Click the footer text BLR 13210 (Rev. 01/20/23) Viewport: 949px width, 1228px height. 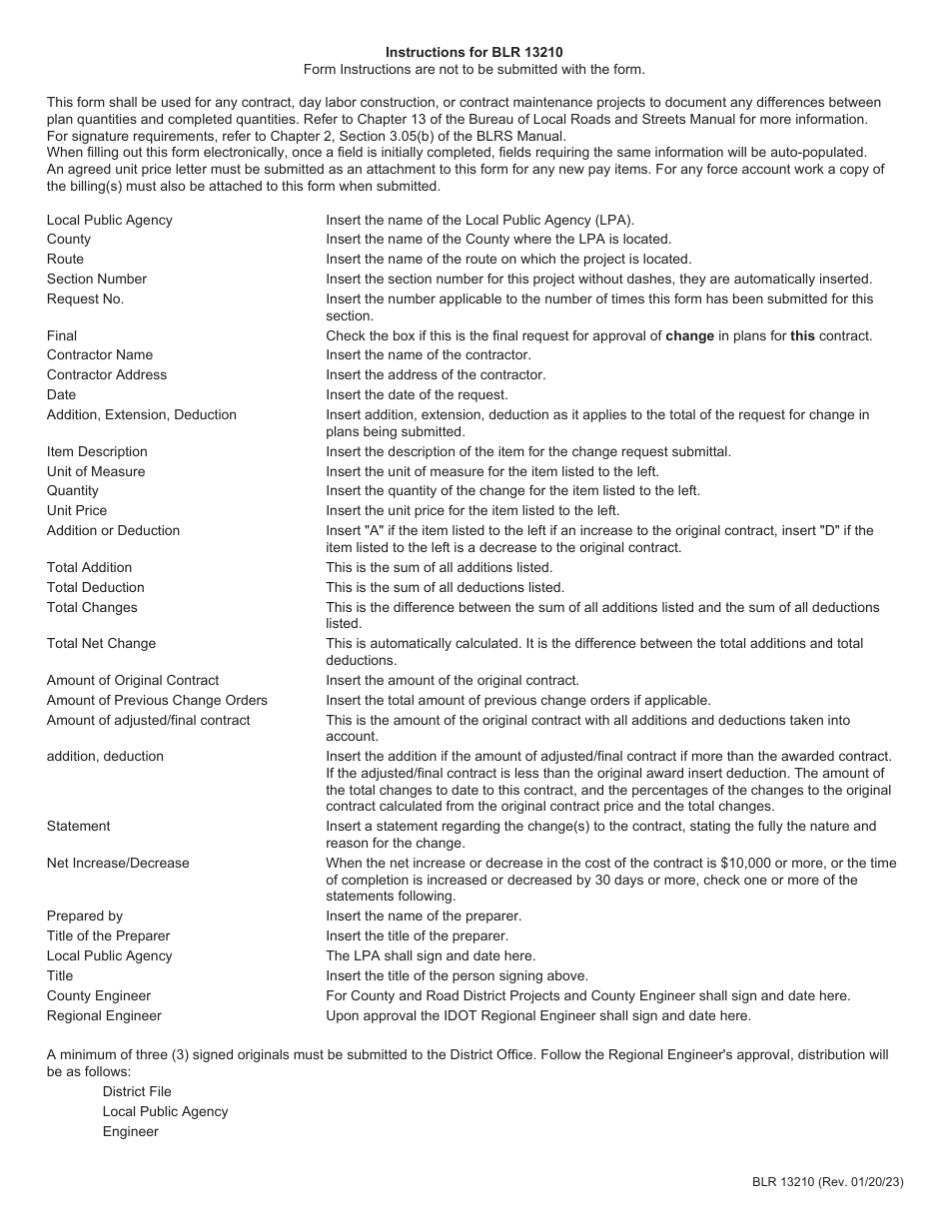point(828,1182)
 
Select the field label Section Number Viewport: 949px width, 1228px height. point(97,279)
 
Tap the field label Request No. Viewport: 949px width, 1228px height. point(85,299)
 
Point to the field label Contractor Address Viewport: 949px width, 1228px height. point(107,374)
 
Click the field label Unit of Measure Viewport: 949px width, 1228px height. point(96,471)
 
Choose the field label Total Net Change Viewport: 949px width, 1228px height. point(101,643)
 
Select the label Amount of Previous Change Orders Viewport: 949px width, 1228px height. point(157,700)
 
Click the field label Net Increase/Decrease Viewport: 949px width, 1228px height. point(118,863)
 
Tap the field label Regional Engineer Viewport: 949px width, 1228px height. point(104,1015)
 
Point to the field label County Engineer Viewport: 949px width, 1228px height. point(99,995)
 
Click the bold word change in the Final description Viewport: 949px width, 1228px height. point(689,335)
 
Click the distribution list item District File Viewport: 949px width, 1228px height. point(137,1091)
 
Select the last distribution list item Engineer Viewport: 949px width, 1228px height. point(130,1131)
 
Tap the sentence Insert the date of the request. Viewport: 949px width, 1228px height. point(417,394)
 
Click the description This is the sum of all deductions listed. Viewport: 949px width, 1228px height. point(445,587)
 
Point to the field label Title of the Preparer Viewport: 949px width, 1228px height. point(108,935)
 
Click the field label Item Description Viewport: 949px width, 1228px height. point(97,451)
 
